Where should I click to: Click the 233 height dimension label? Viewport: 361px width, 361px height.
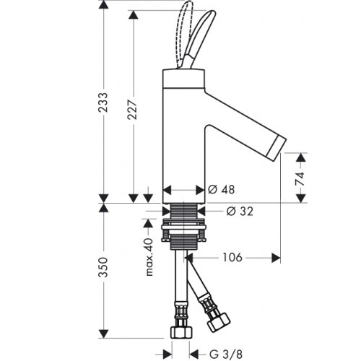pyautogui.click(x=104, y=103)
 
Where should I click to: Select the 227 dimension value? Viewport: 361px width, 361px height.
pyautogui.click(x=133, y=110)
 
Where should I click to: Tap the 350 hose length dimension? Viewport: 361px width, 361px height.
pyautogui.click(x=104, y=267)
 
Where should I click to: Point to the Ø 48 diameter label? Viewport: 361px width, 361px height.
pyautogui.click(x=221, y=190)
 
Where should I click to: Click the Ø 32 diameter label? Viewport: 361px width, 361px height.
pyautogui.click(x=240, y=212)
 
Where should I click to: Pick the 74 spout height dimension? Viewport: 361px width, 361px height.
pyautogui.click(x=300, y=178)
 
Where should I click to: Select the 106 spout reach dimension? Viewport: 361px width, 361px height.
pyautogui.click(x=232, y=258)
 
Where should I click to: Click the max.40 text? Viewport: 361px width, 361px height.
pyautogui.click(x=149, y=257)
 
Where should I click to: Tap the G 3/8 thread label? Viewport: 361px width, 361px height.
pyautogui.click(x=226, y=354)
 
